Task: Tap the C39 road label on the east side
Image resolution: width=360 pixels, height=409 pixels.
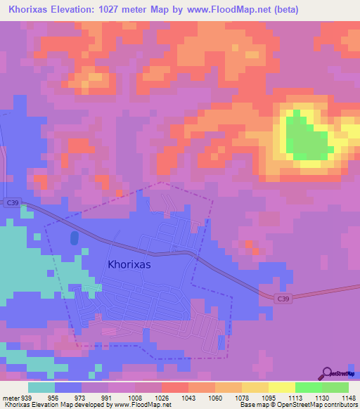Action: click(x=283, y=299)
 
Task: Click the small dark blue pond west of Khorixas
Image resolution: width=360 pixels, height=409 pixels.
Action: click(x=75, y=238)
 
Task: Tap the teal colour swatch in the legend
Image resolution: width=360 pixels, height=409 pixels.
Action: click(x=41, y=387)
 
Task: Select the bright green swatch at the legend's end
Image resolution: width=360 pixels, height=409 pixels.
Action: click(x=335, y=387)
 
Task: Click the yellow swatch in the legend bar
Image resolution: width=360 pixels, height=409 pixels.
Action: click(x=281, y=387)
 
